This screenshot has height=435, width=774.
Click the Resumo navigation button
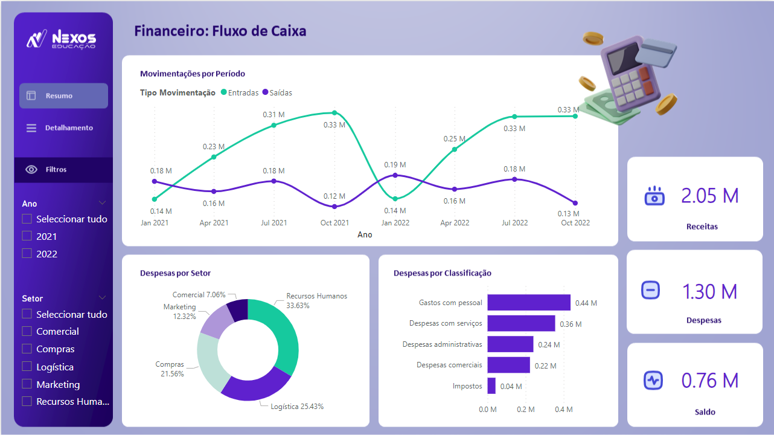point(63,95)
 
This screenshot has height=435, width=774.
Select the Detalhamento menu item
point(63,128)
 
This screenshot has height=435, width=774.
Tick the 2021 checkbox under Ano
point(27,236)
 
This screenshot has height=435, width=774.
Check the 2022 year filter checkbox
point(27,254)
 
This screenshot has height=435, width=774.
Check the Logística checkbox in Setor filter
point(27,367)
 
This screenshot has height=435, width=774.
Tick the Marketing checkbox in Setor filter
point(27,384)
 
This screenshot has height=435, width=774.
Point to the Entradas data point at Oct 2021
point(334,113)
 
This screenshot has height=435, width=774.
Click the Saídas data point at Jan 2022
point(395,175)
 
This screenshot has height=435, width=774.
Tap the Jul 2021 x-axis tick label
point(273,223)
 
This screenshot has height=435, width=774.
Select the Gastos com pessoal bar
point(528,303)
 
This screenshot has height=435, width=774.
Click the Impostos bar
point(491,386)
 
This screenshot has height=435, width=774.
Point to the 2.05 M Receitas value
point(710,196)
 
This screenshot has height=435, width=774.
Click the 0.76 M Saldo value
point(710,381)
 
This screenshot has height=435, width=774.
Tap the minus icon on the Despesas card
point(650,291)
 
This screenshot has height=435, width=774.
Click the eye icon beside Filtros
point(31,170)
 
